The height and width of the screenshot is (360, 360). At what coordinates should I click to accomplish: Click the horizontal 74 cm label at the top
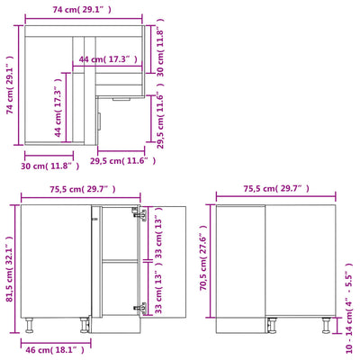pyautogui.click(x=82, y=9)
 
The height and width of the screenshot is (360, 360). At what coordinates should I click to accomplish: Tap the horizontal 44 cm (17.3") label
pyautogui.click(x=107, y=59)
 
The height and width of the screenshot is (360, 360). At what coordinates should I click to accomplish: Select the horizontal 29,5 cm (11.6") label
pyautogui.click(x=122, y=160)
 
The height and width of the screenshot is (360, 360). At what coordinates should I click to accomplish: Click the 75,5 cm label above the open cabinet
pyautogui.click(x=82, y=189)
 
